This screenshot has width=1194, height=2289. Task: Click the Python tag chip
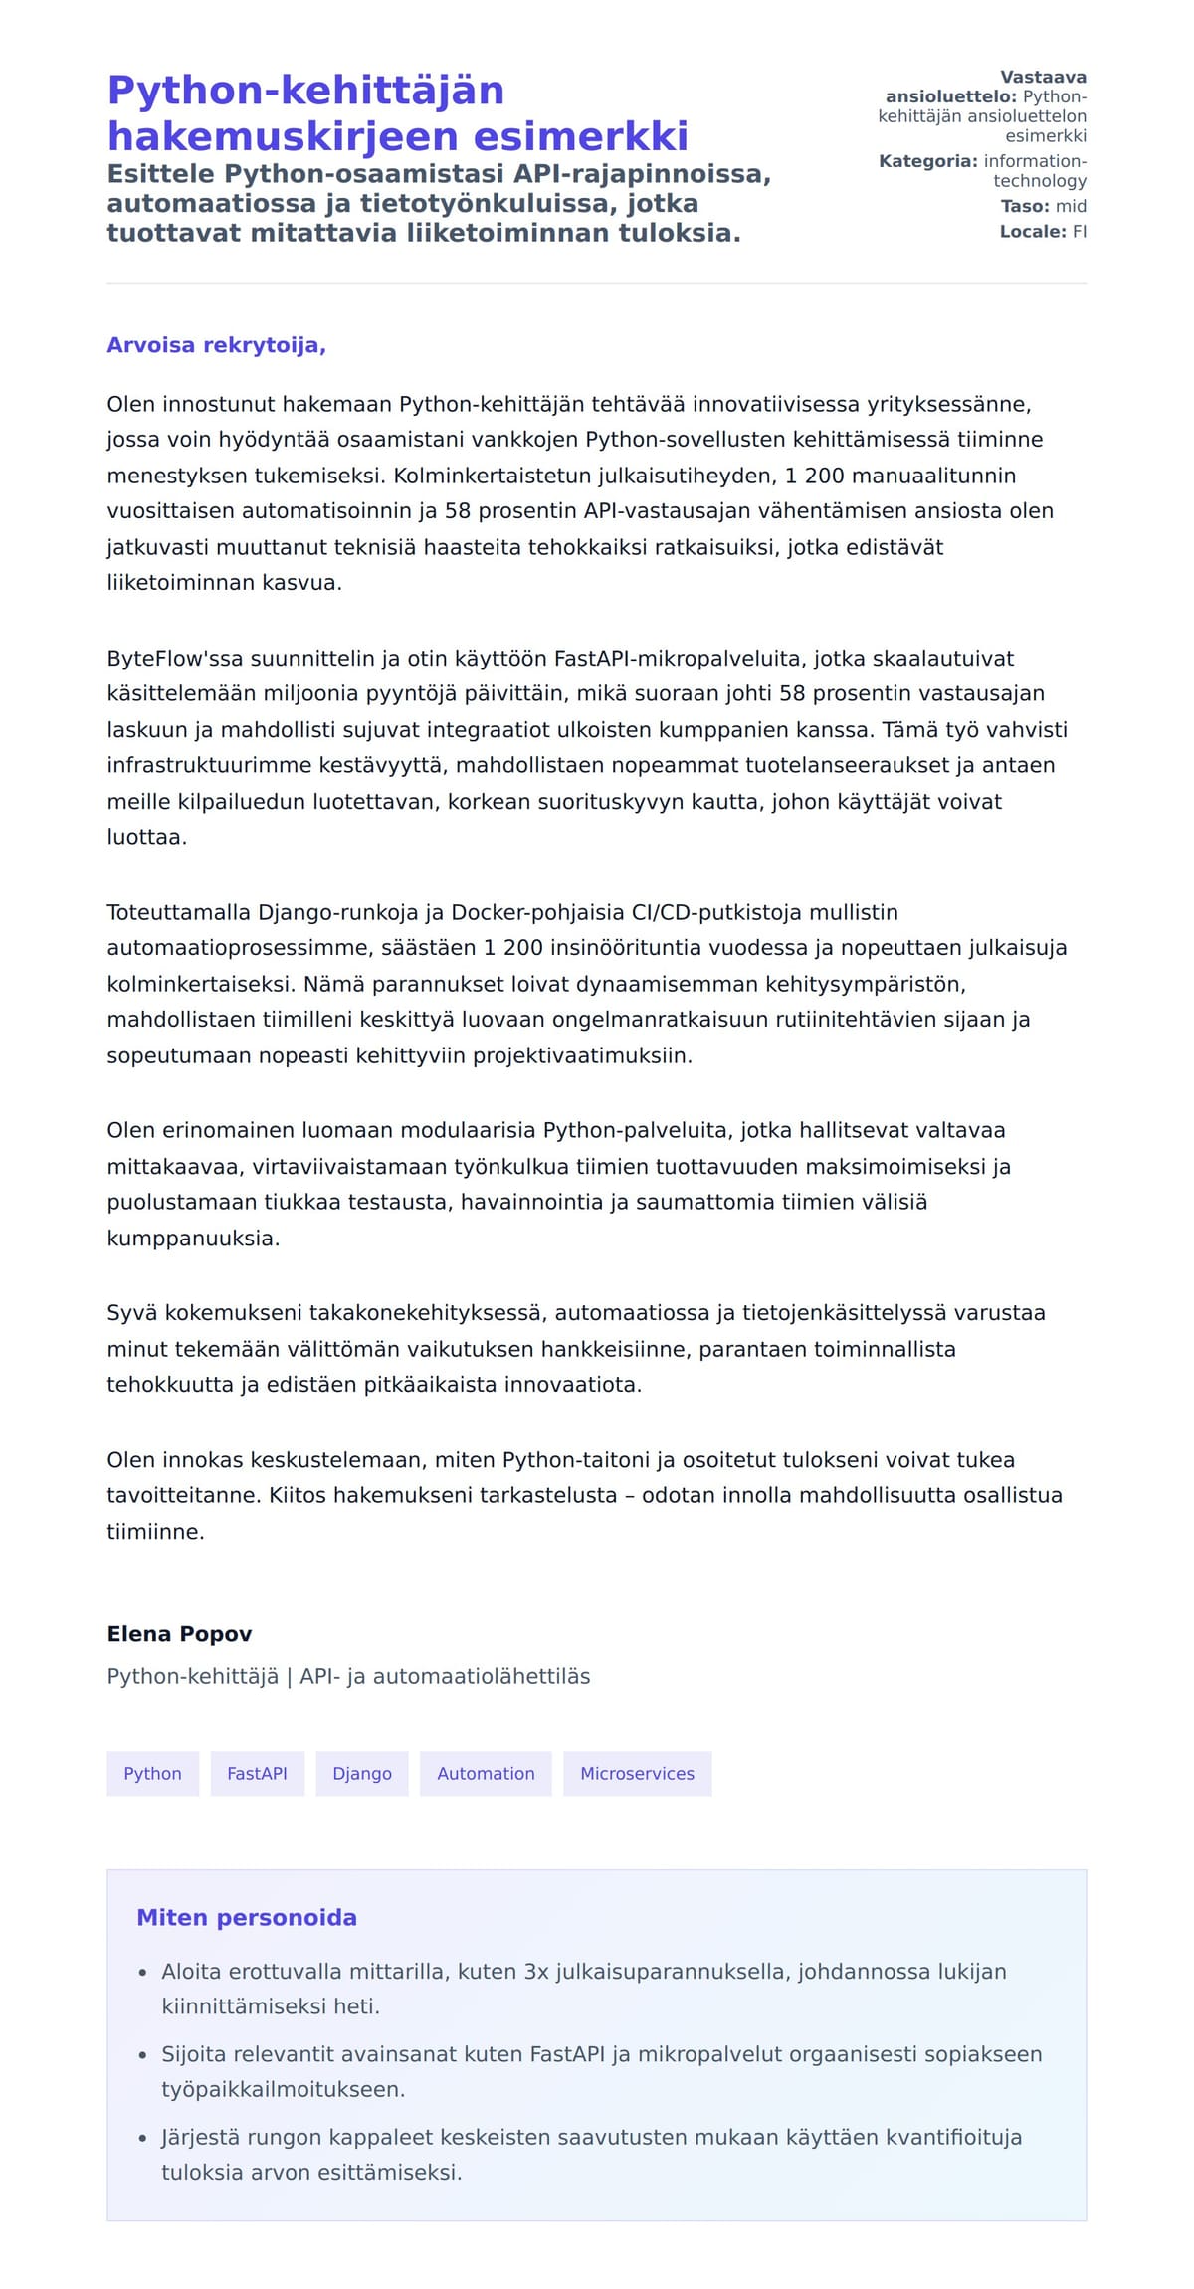[x=152, y=1773]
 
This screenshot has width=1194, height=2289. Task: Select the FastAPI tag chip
[x=257, y=1773]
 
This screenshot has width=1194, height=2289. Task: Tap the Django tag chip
[x=362, y=1773]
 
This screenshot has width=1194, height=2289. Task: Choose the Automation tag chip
[x=486, y=1773]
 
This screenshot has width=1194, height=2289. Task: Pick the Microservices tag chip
[x=637, y=1773]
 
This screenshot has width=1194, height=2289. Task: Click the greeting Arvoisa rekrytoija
[x=216, y=345]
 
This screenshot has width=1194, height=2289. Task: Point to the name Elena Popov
[x=179, y=1633]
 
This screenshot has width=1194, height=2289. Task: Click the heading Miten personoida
[x=246, y=1917]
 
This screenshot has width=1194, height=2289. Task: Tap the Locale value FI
[x=1079, y=231]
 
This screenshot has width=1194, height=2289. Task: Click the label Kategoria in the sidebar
[x=927, y=161]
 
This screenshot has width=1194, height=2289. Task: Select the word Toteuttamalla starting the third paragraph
[x=179, y=912]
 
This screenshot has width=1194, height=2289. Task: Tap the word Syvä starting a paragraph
[x=131, y=1312]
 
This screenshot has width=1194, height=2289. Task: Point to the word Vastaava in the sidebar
[x=1043, y=77]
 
